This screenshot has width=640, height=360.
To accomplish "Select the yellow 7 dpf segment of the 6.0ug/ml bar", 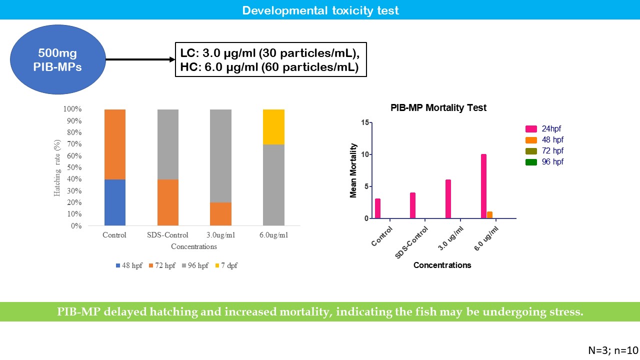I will (273, 127).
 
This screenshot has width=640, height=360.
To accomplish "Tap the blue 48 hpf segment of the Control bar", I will (114, 202).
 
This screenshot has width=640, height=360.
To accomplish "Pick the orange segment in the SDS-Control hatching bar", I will (167, 202).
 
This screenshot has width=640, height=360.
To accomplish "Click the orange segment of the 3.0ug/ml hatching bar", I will (220, 214).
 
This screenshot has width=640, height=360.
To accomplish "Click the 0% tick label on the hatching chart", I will (76, 226).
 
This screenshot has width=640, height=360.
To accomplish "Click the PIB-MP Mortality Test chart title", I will (438, 108).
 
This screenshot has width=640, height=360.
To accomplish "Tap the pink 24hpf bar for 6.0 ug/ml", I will (483, 186).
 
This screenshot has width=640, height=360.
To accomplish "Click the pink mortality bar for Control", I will (377, 208).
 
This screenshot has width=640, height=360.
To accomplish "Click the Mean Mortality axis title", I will (353, 170).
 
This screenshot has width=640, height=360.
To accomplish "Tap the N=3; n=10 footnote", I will (613, 350).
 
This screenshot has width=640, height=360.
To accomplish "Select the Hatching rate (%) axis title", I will (57, 167).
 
